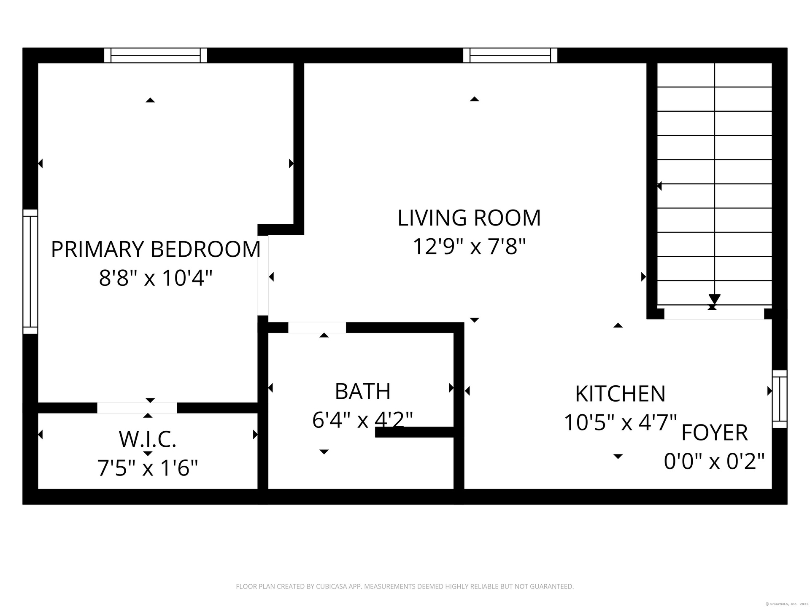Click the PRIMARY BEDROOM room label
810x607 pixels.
156,249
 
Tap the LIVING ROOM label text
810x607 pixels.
469,218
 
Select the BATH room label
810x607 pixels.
363,392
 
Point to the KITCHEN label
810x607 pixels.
620,394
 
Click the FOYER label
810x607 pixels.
715,432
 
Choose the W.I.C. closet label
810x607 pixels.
148,439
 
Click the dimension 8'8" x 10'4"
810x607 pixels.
156,278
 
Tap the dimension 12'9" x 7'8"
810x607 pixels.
469,247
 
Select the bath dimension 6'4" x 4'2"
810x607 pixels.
363,420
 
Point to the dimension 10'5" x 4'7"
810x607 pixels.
620,422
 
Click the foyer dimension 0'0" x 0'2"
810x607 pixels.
715,461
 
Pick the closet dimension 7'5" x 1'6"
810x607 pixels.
148,468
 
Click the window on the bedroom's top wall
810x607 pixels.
156,55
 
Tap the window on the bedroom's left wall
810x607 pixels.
30,271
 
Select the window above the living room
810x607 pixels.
510,55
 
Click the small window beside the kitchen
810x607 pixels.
780,399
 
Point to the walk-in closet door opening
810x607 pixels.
137,408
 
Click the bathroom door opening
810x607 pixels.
317,328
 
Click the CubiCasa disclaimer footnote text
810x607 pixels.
405,586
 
